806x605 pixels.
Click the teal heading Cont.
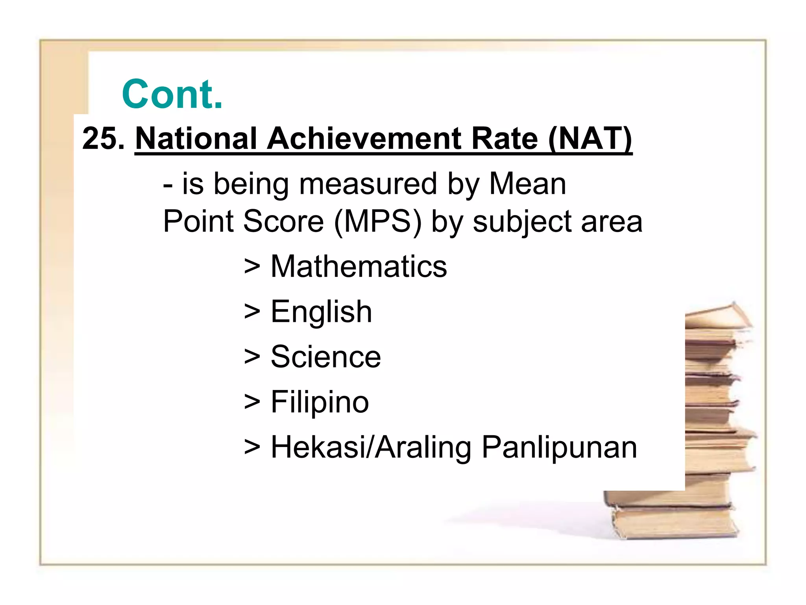172,95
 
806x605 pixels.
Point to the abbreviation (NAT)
590,139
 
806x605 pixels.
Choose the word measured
368,184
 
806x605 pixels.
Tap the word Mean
527,184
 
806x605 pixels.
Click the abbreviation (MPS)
377,221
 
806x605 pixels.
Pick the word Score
283,221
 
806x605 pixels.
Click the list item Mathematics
359,267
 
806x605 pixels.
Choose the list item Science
326,357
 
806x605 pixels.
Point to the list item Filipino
320,402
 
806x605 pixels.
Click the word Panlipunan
559,448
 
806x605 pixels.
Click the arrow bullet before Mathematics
252,267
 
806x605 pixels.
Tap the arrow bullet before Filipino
252,402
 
